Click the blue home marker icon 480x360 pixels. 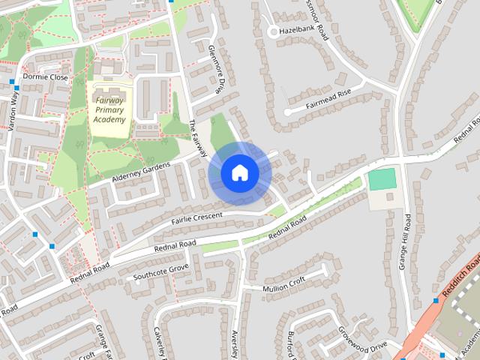(x=240, y=173)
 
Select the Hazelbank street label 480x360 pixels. (x=294, y=32)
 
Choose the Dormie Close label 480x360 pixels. (x=45, y=76)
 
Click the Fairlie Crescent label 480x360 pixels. (x=198, y=217)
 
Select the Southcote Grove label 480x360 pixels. (x=160, y=271)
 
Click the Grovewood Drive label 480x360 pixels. (x=362, y=337)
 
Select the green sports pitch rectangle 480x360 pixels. (x=382, y=180)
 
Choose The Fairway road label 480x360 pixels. (x=199, y=138)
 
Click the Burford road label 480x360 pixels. (x=295, y=344)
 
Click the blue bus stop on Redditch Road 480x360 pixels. (x=435, y=301)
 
